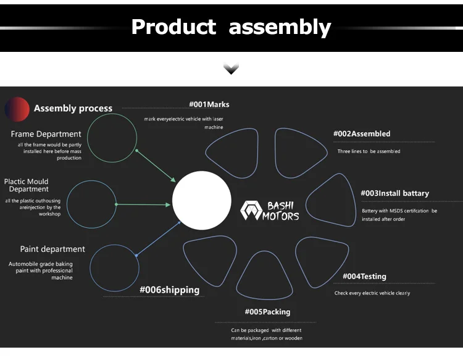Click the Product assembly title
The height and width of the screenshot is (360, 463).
[231, 27]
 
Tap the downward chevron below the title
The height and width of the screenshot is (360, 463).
[231, 69]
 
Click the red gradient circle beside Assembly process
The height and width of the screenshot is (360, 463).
[17, 109]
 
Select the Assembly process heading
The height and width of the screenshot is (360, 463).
[73, 109]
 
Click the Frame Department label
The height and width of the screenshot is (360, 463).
[46, 134]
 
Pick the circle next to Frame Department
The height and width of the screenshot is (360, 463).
[112, 140]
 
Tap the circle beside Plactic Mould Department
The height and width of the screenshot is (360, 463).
[91, 204]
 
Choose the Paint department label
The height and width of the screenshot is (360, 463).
[52, 249]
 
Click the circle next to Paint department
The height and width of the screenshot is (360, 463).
[114, 267]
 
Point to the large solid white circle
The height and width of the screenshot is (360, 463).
[202, 200]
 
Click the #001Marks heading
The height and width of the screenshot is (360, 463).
[209, 104]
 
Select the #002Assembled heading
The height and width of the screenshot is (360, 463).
[362, 133]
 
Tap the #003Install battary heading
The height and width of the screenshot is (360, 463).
[394, 193]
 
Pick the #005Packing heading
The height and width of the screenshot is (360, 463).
[267, 312]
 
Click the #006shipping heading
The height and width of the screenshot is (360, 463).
[169, 290]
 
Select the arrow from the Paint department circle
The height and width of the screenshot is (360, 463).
[159, 237]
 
